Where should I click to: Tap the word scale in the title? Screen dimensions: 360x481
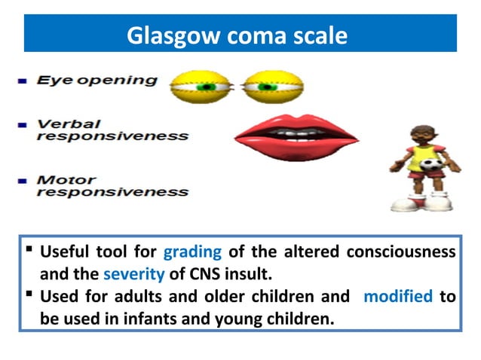[x=320, y=35]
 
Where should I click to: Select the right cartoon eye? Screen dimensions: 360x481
[x=272, y=87]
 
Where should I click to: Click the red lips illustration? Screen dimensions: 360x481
[x=295, y=138]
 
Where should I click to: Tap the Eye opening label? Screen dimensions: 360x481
[x=97, y=81]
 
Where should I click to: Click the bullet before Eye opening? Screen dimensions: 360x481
[x=23, y=81]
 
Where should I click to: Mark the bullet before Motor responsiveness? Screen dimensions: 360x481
[x=23, y=181]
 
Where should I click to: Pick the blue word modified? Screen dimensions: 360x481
[x=397, y=296]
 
